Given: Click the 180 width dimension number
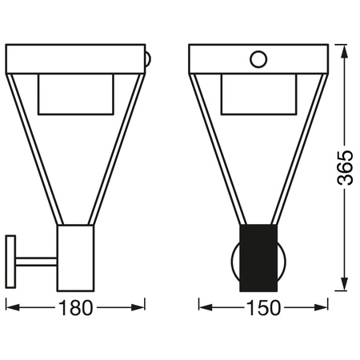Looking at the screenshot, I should pyautogui.click(x=77, y=307).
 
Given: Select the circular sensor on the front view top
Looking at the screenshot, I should pyautogui.click(x=258, y=58).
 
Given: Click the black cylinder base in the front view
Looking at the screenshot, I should pyautogui.click(x=258, y=258).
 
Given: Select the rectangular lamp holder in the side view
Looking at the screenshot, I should pyautogui.click(x=76, y=258).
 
